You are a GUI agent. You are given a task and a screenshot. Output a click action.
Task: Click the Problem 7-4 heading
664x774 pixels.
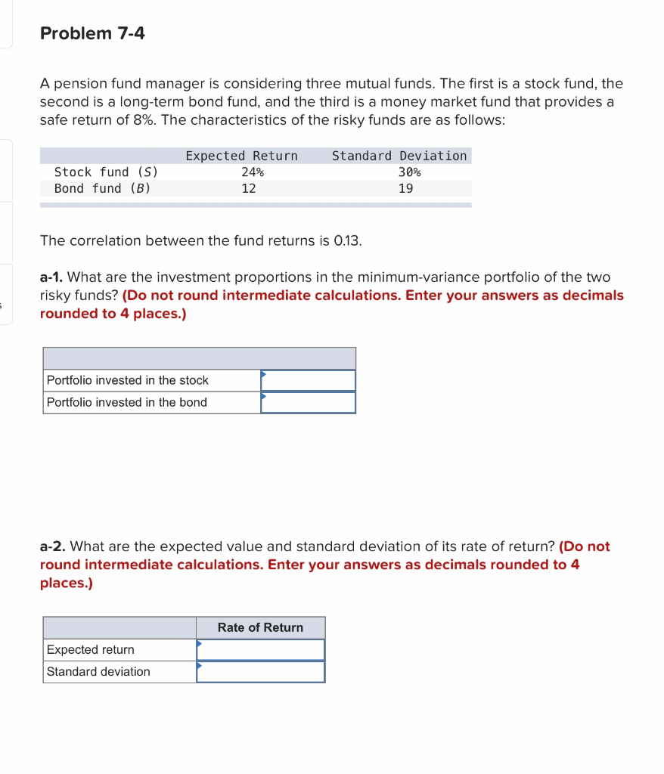tap(92, 33)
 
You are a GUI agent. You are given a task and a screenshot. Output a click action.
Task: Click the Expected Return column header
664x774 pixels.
tap(241, 156)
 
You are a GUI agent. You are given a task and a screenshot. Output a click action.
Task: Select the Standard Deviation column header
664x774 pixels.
tap(399, 156)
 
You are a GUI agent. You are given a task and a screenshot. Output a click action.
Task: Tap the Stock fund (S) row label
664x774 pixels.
tap(106, 172)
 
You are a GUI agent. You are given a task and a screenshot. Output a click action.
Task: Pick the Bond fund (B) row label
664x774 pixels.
tap(102, 188)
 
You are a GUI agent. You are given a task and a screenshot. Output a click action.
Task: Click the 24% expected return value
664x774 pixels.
tap(252, 172)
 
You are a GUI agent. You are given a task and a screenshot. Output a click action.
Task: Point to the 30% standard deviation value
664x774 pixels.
tap(409, 172)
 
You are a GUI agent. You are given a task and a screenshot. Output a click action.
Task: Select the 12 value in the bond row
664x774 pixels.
tap(248, 188)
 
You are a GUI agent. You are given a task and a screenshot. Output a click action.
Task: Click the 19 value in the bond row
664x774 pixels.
tap(405, 188)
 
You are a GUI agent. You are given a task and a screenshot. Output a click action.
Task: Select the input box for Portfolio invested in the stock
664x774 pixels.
tap(308, 380)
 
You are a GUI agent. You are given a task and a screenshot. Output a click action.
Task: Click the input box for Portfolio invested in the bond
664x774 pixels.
tap(308, 402)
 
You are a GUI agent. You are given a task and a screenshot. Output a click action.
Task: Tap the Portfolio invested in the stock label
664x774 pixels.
tap(127, 380)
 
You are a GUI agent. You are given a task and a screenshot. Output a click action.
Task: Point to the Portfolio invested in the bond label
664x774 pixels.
tap(126, 402)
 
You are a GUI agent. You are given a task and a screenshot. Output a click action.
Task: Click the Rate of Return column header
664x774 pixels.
tap(260, 627)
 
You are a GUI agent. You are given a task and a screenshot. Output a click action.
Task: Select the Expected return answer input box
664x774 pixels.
tap(260, 649)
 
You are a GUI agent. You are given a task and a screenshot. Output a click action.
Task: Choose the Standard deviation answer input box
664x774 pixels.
tap(260, 671)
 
